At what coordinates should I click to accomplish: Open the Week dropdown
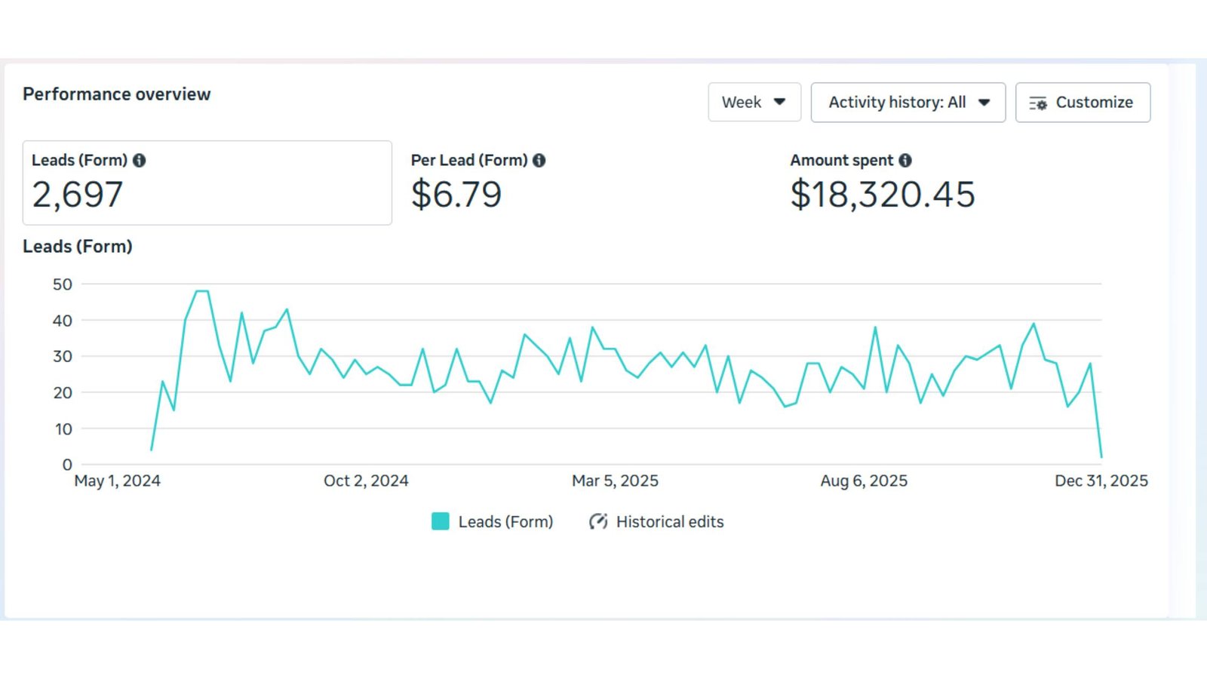pos(754,103)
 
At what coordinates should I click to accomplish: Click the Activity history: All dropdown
pos(908,103)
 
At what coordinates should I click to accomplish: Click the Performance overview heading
pos(117,94)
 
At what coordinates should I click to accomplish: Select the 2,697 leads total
pos(78,195)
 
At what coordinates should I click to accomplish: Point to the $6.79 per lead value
pos(456,195)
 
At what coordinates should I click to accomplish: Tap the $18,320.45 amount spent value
pos(883,195)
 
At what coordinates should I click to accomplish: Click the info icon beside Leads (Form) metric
pos(140,161)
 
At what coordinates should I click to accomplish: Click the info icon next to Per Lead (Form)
pos(539,161)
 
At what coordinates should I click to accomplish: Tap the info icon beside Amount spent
pos(905,161)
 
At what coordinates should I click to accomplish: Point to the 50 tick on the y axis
pos(63,284)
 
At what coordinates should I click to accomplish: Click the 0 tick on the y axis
pos(67,465)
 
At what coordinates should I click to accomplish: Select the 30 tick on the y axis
pos(63,356)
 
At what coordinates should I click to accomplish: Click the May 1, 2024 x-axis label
pos(117,481)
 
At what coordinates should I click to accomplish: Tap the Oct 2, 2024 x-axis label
pos(366,481)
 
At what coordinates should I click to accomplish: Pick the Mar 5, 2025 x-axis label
pos(615,481)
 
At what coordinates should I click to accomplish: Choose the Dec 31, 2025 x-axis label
pos(1101,481)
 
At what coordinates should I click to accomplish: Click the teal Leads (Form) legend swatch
pos(441,521)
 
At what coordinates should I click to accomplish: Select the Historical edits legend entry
pos(656,522)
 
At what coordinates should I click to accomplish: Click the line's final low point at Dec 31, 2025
pos(1101,456)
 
